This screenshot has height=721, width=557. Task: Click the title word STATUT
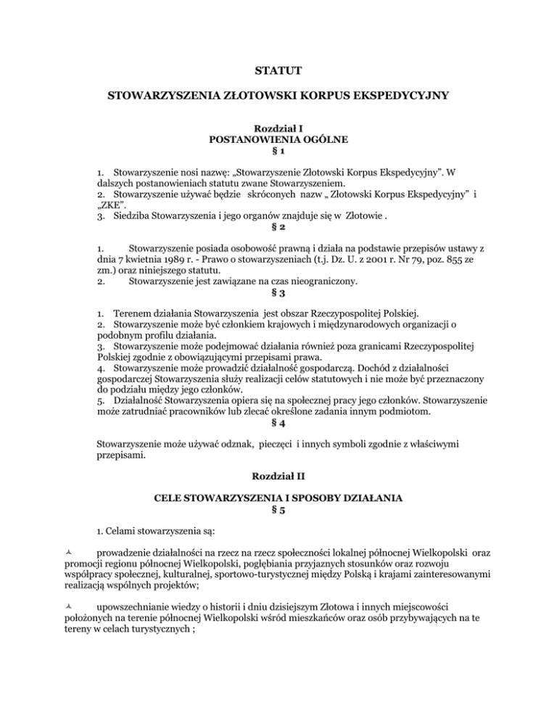(x=278, y=70)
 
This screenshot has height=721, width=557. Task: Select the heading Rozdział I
(x=278, y=128)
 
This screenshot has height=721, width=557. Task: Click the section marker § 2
(x=278, y=226)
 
